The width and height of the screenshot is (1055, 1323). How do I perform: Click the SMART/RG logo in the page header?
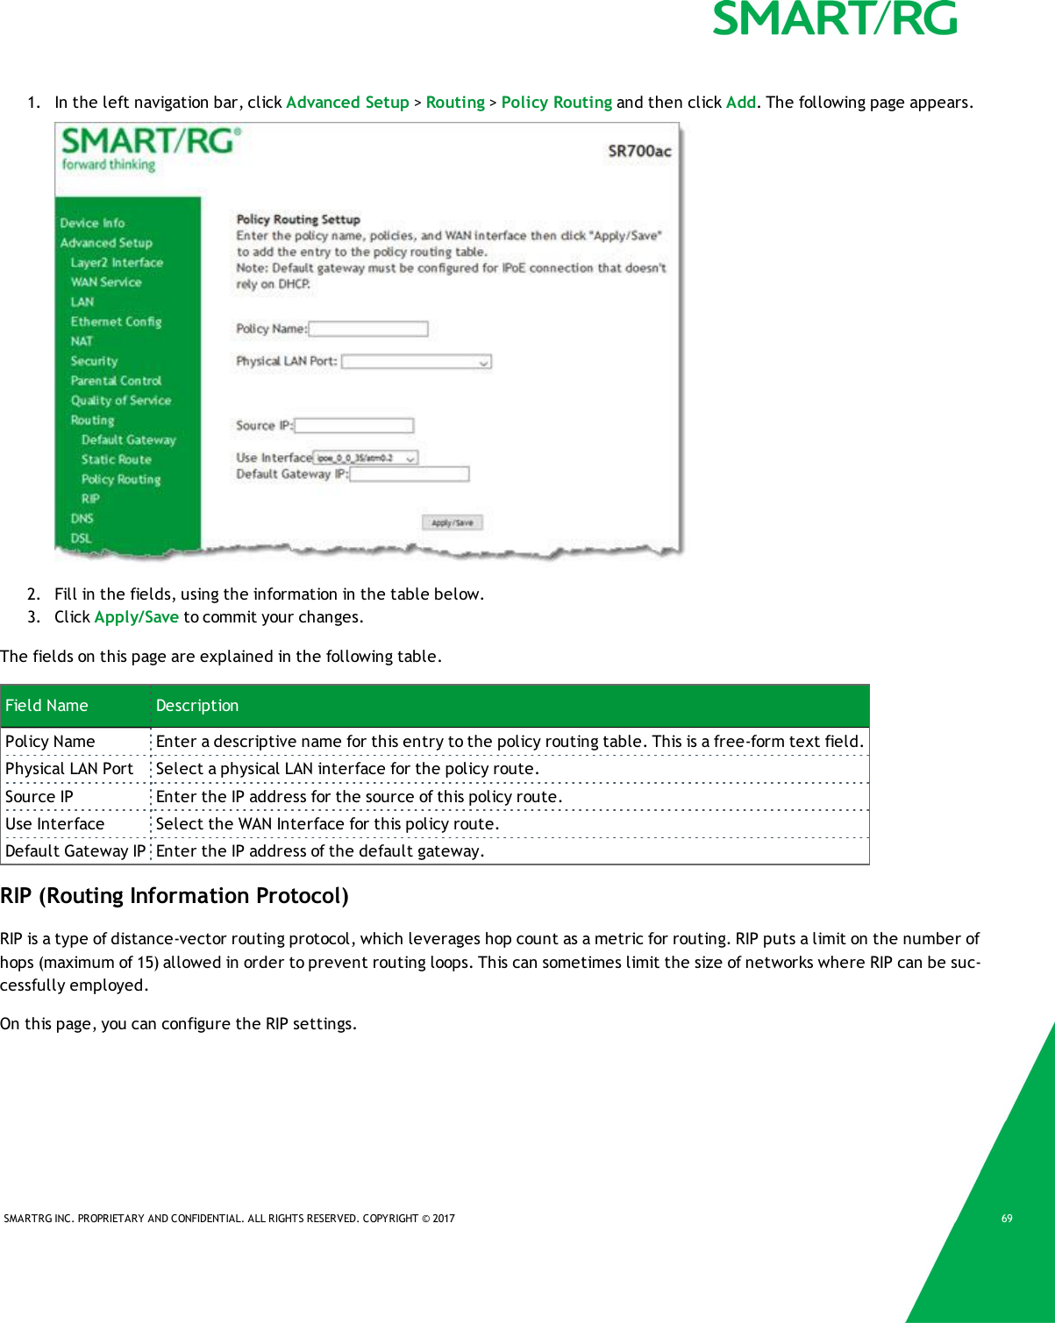(x=834, y=19)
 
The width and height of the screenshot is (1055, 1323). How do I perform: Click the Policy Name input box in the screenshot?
(x=368, y=329)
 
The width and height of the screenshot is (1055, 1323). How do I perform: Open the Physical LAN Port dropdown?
(x=416, y=361)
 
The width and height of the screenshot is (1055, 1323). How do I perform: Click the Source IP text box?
(x=353, y=425)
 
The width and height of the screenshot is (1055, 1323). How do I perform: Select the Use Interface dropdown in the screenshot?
(x=366, y=458)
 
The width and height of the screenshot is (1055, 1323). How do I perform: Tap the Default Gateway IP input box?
(x=409, y=474)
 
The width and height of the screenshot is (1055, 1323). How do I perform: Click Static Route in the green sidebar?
(x=116, y=459)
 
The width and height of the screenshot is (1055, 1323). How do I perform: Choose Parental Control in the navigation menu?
(x=116, y=381)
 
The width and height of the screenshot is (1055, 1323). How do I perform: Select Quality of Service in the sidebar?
(x=120, y=401)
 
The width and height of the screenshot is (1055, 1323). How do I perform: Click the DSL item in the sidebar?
(x=81, y=538)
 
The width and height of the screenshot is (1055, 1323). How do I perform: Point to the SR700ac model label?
(x=639, y=151)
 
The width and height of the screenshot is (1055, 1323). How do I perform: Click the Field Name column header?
(x=47, y=706)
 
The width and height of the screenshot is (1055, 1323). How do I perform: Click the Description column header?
(x=197, y=706)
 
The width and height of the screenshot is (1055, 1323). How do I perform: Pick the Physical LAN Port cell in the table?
(x=69, y=769)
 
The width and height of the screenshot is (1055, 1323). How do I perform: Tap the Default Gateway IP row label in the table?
(x=75, y=851)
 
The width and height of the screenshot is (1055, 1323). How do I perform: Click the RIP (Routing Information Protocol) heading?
(x=175, y=896)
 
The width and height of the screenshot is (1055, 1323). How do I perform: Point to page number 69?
(x=1007, y=1219)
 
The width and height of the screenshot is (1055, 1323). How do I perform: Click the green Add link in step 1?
(x=740, y=103)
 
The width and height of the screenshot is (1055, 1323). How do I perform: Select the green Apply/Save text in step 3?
(x=136, y=617)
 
